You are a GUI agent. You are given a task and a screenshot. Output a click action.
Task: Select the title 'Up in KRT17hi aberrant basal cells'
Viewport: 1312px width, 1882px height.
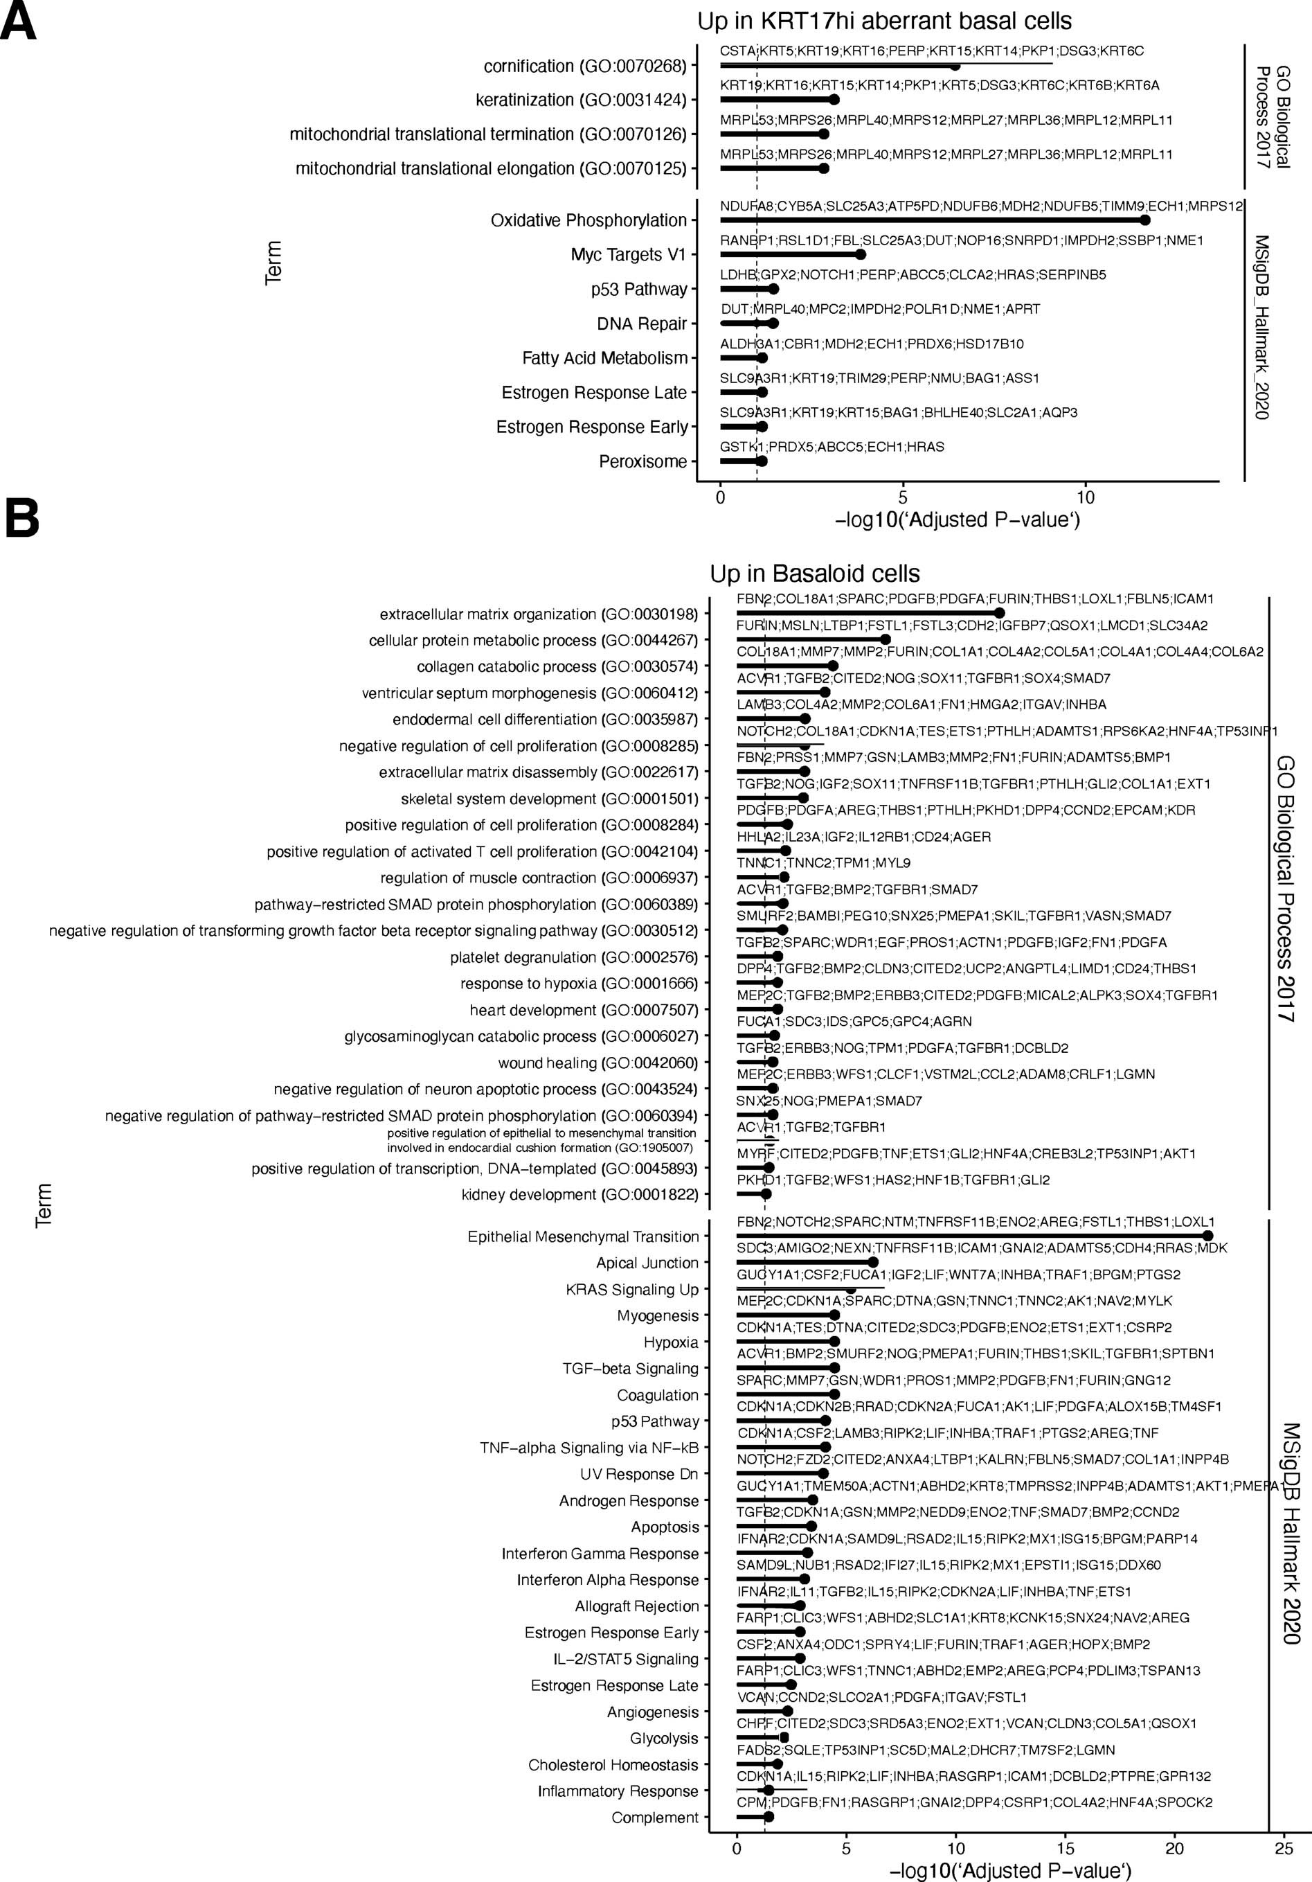click(x=884, y=21)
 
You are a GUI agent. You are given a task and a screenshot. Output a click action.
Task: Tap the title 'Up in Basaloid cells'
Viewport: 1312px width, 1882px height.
click(x=815, y=573)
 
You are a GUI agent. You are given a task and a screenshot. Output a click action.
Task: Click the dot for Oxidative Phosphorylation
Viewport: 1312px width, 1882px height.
click(x=1145, y=220)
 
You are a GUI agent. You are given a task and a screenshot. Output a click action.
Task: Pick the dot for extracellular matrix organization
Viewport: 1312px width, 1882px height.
click(x=999, y=613)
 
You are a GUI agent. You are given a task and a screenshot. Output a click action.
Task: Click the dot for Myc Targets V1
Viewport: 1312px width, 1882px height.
click(x=860, y=254)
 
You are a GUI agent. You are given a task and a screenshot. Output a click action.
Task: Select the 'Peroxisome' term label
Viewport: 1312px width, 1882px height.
click(x=642, y=461)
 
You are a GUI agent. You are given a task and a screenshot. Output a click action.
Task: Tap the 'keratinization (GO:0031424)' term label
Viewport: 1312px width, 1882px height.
click(x=581, y=100)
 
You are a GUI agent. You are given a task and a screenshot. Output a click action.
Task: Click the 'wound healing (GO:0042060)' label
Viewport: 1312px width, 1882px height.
click(x=597, y=1063)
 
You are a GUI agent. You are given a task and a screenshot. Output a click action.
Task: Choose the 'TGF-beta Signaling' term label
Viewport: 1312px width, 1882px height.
click(x=630, y=1368)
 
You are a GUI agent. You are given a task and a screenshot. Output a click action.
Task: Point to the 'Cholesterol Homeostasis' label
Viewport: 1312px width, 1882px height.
click(x=613, y=1765)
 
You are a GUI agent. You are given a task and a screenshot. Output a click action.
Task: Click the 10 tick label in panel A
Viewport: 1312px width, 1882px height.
click(x=1085, y=497)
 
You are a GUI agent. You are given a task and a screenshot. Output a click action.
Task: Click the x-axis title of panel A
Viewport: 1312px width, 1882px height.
click(x=957, y=520)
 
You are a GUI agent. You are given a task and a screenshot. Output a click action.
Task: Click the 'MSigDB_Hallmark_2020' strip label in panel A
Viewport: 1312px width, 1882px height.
click(x=1262, y=328)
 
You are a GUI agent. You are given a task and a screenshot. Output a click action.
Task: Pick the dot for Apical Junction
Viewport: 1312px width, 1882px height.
click(x=873, y=1262)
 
